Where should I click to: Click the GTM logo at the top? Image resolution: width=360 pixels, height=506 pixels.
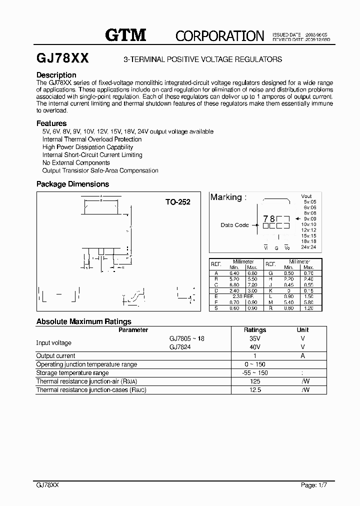(125, 34)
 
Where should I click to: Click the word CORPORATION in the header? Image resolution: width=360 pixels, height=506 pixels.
(219, 35)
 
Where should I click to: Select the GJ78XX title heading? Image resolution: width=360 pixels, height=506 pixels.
(63, 58)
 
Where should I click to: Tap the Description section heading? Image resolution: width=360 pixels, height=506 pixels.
(56, 75)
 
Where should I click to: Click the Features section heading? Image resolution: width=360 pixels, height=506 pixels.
(51, 123)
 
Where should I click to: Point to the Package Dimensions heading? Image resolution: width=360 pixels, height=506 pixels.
(72, 184)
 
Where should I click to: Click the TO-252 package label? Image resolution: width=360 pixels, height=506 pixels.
(178, 202)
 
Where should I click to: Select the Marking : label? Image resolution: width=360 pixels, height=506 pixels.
(228, 197)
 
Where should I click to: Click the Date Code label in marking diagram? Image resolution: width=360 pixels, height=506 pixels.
(234, 225)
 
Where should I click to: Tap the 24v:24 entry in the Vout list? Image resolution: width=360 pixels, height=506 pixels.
(309, 247)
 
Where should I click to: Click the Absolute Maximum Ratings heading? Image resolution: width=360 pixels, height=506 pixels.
(84, 321)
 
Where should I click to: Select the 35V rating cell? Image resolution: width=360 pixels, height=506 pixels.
(255, 338)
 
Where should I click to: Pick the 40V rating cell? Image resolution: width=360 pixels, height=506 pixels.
(255, 346)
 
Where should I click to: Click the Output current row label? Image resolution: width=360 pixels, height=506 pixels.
(56, 355)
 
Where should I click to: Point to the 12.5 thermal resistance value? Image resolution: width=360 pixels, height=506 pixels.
(255, 389)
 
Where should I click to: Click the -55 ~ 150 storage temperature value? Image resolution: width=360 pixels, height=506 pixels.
(255, 372)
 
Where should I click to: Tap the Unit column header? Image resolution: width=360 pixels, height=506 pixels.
(303, 329)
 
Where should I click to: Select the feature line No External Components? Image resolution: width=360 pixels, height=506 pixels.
(76, 162)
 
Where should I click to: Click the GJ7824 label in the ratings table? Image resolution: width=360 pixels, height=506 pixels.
(179, 346)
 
